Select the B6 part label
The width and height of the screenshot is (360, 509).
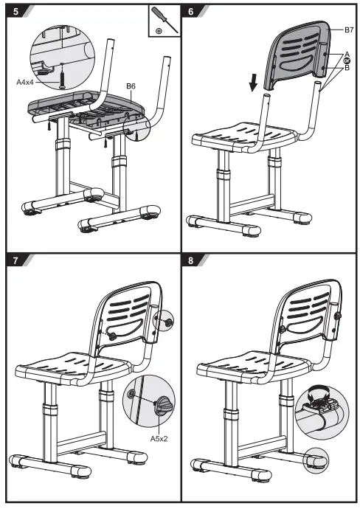point(131,86)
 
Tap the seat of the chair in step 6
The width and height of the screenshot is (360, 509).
point(247,136)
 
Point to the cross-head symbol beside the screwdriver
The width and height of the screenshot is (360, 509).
point(159,31)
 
